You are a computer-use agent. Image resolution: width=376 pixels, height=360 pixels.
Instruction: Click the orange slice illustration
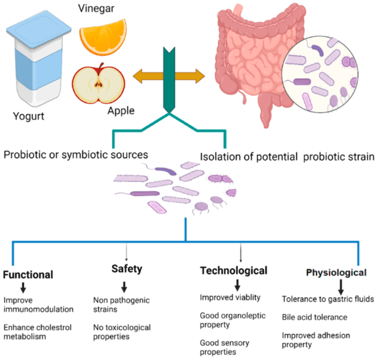pos(103,38)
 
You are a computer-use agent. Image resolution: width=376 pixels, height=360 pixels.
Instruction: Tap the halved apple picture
pos(98,84)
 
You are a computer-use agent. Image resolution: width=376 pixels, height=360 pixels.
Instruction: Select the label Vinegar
pos(96,8)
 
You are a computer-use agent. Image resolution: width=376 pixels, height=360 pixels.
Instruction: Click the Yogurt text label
pos(29,116)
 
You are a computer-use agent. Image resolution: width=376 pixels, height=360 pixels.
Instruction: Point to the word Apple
pos(121,111)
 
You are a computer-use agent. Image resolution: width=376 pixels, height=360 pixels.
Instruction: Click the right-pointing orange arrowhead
pos(200,77)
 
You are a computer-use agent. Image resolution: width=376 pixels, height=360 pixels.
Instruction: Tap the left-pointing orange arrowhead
pos(137,77)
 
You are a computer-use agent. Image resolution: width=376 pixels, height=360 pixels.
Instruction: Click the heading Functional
pos(28,275)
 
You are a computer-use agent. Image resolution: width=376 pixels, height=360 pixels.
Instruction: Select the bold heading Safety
pos(127,269)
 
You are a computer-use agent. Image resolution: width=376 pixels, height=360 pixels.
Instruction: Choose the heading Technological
pos(234,271)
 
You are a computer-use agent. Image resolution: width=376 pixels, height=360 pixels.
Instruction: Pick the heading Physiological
pos(336,273)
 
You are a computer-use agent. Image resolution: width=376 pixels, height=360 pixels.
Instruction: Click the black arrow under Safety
pos(124,287)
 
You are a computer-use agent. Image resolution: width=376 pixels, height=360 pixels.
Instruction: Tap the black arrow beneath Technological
pos(237,285)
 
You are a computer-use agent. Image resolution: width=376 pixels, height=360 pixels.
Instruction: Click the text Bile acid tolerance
pos(314,318)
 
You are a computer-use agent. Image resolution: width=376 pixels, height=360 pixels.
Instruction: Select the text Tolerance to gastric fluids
pos(327,299)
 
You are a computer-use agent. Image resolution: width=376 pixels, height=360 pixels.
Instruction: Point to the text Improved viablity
pos(230,297)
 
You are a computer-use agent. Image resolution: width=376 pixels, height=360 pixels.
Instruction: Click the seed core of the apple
pos(98,84)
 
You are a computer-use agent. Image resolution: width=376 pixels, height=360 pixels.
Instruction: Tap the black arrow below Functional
pos(23,288)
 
